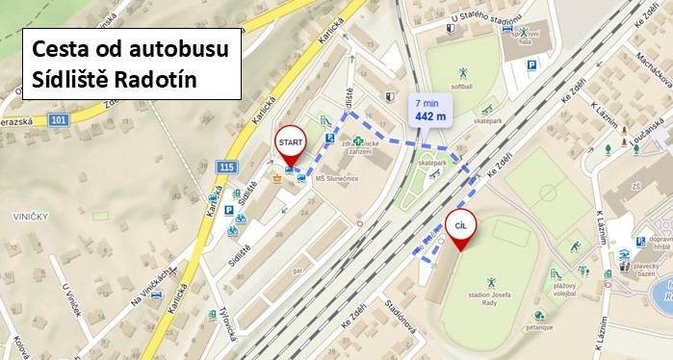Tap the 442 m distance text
click(430, 116)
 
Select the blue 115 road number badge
click(227, 167)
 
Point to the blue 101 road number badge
click(59, 120)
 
